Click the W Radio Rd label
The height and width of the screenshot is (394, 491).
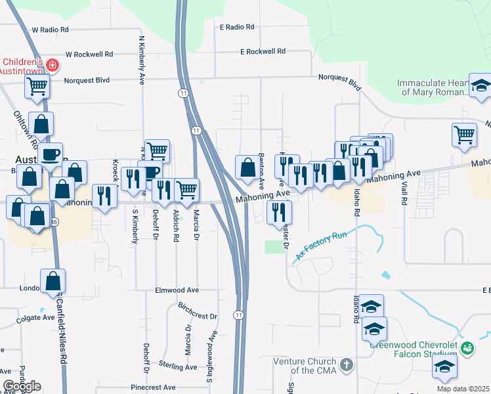click(x=50, y=30)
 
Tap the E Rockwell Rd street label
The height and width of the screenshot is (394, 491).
click(x=263, y=51)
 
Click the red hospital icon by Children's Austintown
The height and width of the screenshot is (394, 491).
click(x=52, y=65)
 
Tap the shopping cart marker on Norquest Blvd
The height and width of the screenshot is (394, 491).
click(x=37, y=85)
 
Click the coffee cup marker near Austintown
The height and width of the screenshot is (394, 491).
click(x=50, y=156)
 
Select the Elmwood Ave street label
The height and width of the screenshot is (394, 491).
click(x=176, y=290)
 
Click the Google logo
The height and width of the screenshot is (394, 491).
click(x=22, y=386)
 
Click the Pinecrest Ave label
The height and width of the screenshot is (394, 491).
click(x=153, y=387)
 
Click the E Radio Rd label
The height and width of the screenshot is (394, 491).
click(x=236, y=27)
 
